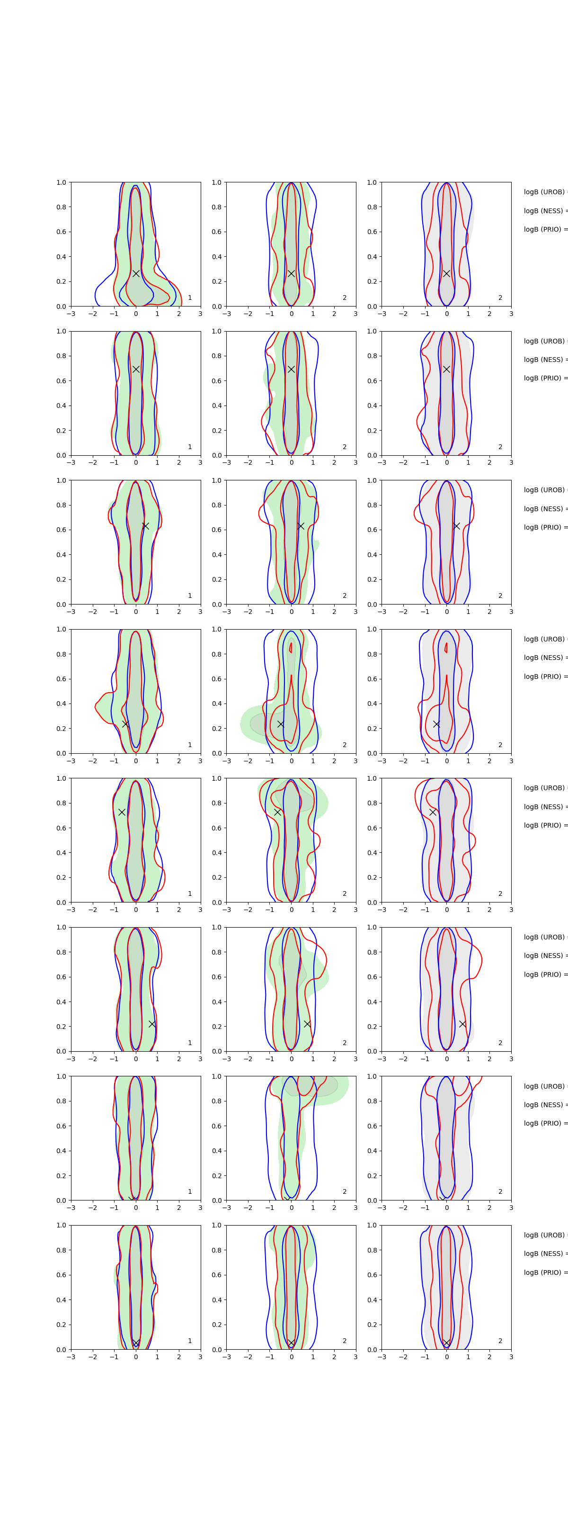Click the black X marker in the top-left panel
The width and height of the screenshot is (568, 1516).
coord(136,273)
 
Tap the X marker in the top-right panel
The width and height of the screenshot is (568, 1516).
coord(446,273)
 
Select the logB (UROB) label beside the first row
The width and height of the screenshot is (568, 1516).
coord(544,192)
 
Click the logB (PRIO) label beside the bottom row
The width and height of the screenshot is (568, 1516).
coord(544,1272)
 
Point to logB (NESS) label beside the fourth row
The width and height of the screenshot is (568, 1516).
coord(544,658)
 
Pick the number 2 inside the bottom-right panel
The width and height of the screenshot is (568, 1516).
coord(500,1341)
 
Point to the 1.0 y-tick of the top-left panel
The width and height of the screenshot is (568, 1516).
coord(61,182)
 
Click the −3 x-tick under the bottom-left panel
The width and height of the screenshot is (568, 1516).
coord(71,1357)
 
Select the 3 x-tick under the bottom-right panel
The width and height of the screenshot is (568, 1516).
coord(511,1357)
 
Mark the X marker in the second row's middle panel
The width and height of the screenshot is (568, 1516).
coord(291,369)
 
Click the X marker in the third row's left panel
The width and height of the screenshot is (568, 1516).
coord(145,525)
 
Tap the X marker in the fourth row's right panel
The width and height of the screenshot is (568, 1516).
coord(436,724)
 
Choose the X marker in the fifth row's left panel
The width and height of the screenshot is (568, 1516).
coord(122,812)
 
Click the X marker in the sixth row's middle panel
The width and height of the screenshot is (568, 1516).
coord(307,1024)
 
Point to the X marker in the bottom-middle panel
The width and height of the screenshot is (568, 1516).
coord(291,1343)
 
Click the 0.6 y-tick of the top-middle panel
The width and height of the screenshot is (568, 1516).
coord(216,232)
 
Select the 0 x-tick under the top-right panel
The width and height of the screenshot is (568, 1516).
coord(446,314)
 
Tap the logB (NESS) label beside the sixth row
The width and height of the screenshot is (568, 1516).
coord(544,956)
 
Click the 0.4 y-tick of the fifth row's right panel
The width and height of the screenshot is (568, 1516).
coord(372,853)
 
